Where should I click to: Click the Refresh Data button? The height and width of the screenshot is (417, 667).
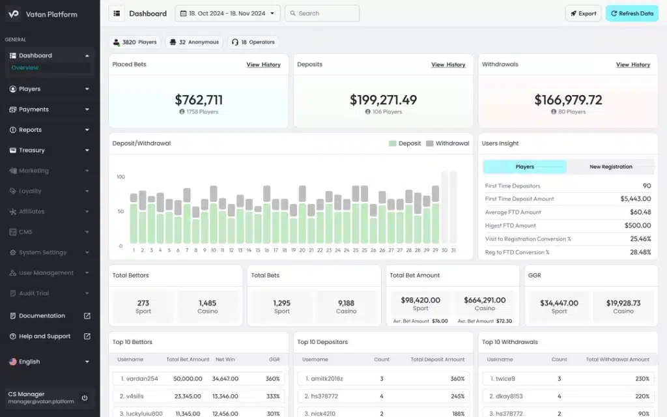pos(632,14)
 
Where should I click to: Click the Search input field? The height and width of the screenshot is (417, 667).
pos(322,14)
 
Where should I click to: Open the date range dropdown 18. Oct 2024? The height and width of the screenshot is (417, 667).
pos(227,14)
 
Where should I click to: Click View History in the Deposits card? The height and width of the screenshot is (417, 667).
pos(448,65)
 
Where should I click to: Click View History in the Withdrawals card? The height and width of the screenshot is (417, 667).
pos(633,65)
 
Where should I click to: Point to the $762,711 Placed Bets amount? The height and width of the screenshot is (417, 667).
pos(199,100)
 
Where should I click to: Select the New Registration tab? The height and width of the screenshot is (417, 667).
pos(610,167)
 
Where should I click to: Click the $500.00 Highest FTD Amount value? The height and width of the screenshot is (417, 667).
pos(638,225)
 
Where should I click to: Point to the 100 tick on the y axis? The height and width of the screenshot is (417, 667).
pos(121,177)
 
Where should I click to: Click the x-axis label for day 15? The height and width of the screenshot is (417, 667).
pos(258,250)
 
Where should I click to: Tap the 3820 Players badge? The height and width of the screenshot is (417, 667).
pos(135,42)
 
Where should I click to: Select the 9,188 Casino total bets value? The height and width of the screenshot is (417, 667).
pos(346,303)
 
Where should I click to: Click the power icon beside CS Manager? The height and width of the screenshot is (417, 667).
pos(85,397)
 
